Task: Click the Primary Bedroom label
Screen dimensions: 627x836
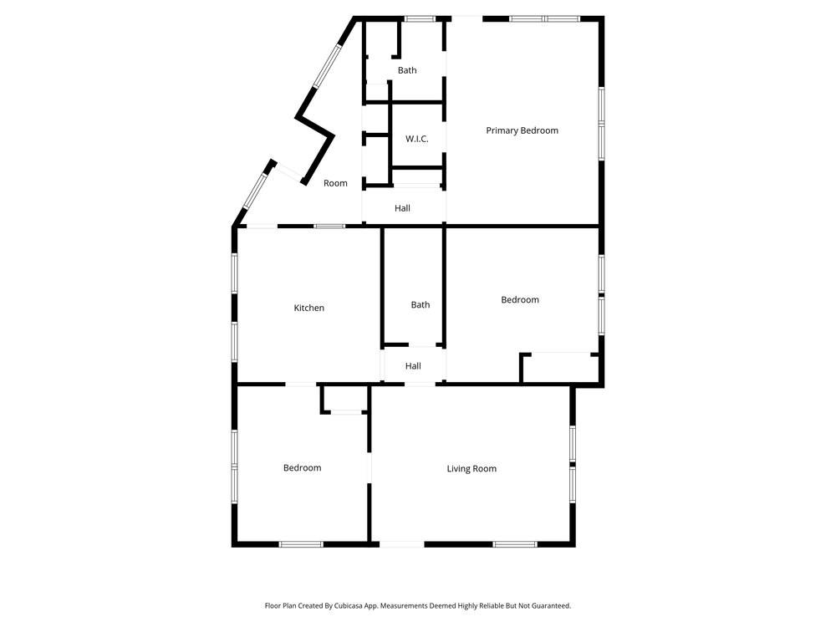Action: pyautogui.click(x=522, y=130)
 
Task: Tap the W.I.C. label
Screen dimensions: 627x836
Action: pyautogui.click(x=416, y=139)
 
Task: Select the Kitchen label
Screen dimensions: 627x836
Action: pyautogui.click(x=308, y=308)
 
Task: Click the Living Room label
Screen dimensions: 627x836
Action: pyautogui.click(x=472, y=469)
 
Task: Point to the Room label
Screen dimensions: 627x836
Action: pyautogui.click(x=335, y=183)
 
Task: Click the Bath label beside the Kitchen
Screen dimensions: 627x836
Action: pyautogui.click(x=420, y=305)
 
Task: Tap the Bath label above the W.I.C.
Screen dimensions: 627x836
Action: pyautogui.click(x=407, y=70)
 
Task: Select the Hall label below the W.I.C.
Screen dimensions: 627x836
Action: pyautogui.click(x=402, y=208)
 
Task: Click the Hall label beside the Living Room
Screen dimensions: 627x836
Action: pyautogui.click(x=413, y=366)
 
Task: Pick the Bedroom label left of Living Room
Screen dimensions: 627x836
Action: pyautogui.click(x=302, y=468)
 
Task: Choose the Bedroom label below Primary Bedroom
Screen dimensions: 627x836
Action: pyautogui.click(x=519, y=300)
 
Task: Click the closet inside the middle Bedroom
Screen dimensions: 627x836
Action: pyautogui.click(x=558, y=369)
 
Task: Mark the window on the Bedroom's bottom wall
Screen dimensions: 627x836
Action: pyautogui.click(x=301, y=544)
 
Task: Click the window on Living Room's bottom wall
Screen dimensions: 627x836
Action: pyautogui.click(x=514, y=544)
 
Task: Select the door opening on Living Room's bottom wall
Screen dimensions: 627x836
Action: pyautogui.click(x=402, y=544)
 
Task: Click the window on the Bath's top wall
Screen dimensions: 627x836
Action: pyautogui.click(x=420, y=18)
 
